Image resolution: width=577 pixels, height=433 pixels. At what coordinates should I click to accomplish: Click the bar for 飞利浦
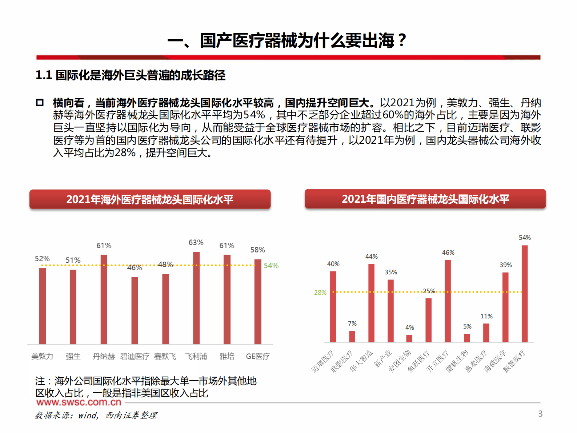(x=196, y=298)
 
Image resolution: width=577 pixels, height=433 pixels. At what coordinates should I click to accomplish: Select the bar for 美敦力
(x=43, y=306)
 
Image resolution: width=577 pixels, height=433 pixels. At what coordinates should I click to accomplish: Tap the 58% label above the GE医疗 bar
(x=257, y=250)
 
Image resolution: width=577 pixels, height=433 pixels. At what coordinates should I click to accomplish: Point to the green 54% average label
(x=271, y=266)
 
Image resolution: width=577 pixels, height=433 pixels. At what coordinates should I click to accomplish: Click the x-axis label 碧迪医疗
(x=135, y=357)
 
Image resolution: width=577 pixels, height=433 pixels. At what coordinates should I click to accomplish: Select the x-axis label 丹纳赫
(x=104, y=357)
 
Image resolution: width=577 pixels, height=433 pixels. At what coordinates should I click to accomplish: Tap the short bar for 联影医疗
(x=352, y=336)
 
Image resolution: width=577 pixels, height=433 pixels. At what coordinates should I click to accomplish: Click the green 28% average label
(x=320, y=293)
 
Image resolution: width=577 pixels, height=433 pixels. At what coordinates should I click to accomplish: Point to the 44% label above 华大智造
(x=371, y=257)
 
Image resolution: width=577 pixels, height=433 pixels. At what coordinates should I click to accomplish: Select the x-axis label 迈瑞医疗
(x=322, y=361)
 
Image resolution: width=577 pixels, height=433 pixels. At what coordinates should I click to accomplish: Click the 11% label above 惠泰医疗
(x=486, y=316)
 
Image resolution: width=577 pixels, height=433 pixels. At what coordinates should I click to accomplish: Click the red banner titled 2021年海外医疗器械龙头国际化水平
(x=150, y=199)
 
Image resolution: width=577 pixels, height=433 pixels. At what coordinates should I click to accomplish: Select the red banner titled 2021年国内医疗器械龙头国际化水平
(x=425, y=199)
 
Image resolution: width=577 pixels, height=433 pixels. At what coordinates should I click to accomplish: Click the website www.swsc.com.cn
(x=79, y=402)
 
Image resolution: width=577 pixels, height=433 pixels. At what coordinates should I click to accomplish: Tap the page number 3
(x=540, y=414)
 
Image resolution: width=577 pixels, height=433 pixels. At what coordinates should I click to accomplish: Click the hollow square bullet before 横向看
(x=40, y=103)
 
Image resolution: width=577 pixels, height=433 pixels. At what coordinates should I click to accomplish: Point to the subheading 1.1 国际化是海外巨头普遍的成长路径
(x=130, y=75)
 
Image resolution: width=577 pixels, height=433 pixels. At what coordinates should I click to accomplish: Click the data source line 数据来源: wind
(x=96, y=415)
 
